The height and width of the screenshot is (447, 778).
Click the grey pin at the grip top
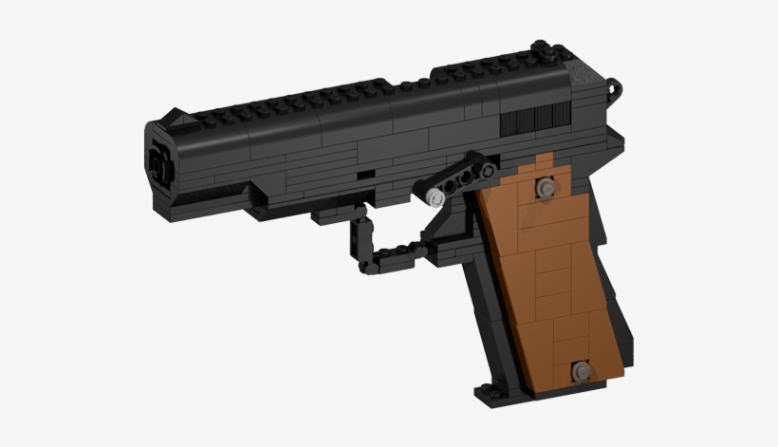545,189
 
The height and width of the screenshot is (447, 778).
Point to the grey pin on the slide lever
435,197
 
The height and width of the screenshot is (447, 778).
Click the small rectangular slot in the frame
364,175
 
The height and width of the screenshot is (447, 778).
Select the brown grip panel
550,275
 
